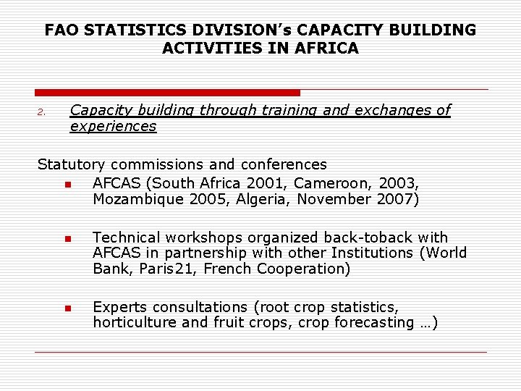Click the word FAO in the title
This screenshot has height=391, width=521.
pos(61,30)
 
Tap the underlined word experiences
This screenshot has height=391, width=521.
pos(113,127)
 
